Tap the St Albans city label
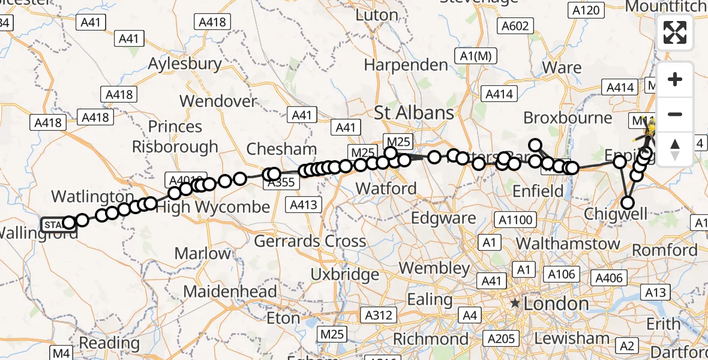(414, 112)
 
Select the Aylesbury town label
(185, 64)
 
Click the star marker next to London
(515, 304)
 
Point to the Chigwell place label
(615, 214)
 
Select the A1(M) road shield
(476, 56)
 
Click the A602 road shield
(515, 25)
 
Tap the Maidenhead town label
(230, 292)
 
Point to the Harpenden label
(406, 65)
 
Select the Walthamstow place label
(568, 244)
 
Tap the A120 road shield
(586, 10)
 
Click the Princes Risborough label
(175, 137)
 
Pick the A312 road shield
(379, 315)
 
